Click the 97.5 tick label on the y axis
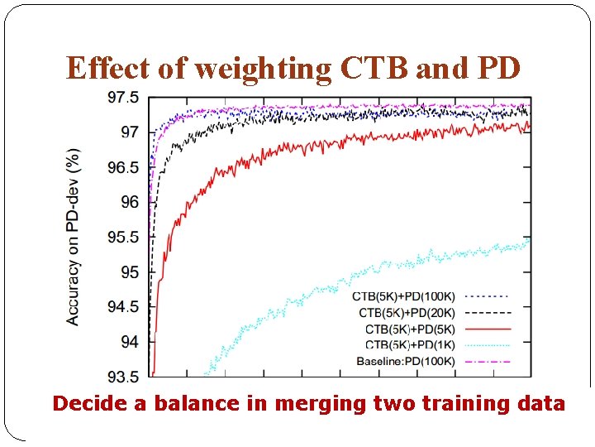123,98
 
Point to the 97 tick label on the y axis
131,132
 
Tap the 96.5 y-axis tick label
123,167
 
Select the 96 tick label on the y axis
131,202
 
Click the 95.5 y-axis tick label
123,238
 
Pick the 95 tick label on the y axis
131,272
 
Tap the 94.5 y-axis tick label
123,307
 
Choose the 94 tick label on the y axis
131,342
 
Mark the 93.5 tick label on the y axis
123,377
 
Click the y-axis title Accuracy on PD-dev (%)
74,237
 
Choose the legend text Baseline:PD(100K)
405,361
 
